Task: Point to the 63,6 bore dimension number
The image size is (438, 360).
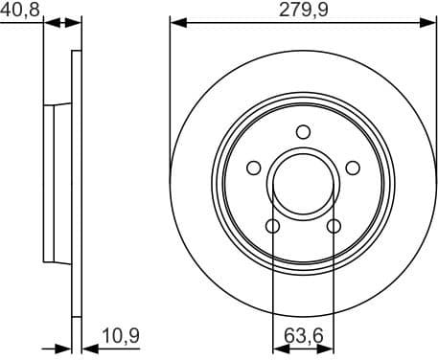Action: point(305,336)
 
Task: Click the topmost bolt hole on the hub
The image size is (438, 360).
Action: point(303,132)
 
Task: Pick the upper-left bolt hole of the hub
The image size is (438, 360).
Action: point(253,169)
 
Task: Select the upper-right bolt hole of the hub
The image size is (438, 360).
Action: point(353,169)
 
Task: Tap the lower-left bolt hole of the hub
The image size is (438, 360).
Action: point(272,227)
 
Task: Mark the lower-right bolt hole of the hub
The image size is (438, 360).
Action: point(334,227)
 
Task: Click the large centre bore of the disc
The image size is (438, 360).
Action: point(303,184)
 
